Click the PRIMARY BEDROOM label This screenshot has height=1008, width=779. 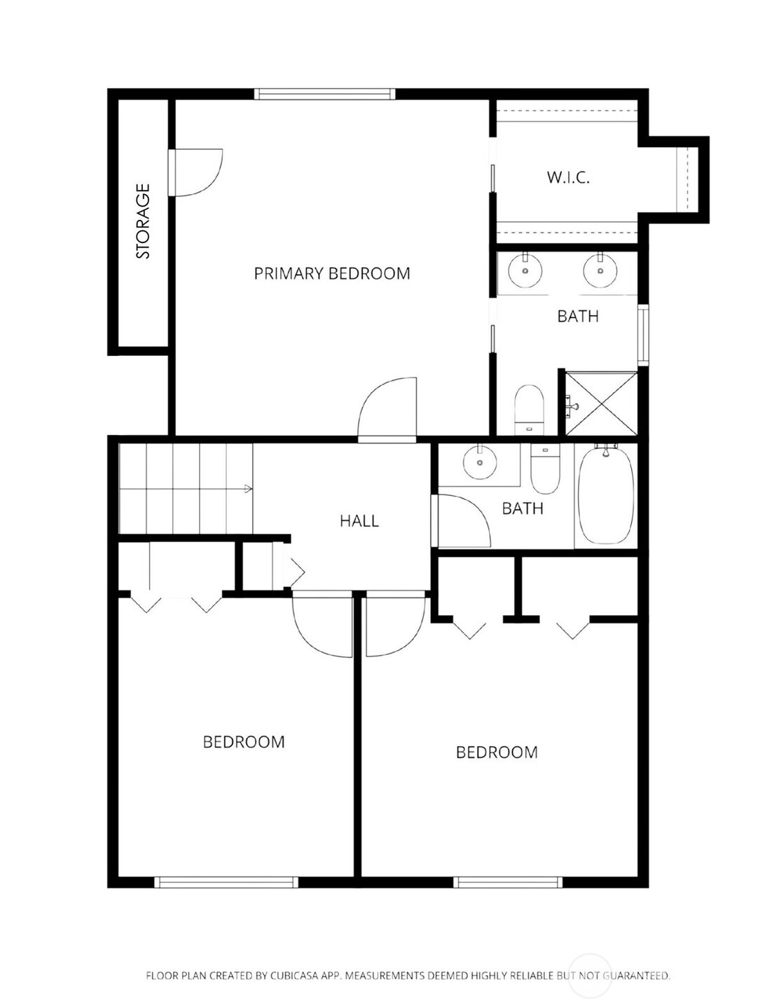331,273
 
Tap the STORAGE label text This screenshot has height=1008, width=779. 143,221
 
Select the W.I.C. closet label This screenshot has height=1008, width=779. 568,177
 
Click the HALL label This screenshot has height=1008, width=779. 359,520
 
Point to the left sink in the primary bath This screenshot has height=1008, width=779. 525,270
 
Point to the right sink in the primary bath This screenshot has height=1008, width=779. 600,270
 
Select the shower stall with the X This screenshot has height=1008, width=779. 600,405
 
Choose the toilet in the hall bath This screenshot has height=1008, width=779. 545,469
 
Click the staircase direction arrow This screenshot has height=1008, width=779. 247,489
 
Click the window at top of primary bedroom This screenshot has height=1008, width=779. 324,94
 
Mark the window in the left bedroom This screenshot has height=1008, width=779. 226,882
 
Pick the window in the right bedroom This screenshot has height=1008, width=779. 508,882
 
